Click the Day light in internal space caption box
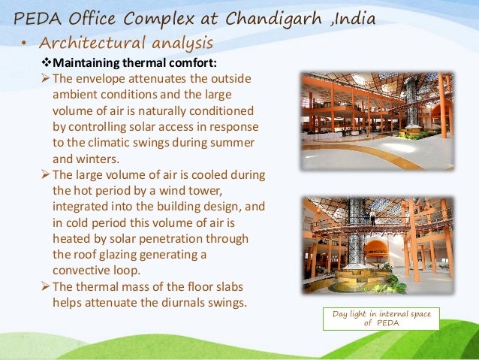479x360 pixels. pyautogui.click(x=381, y=319)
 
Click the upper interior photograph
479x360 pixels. pyautogui.click(x=377, y=121)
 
